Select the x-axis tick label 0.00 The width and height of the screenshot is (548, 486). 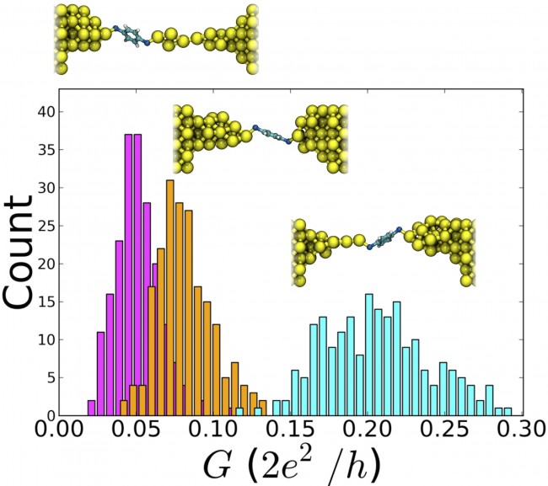[x=59, y=431]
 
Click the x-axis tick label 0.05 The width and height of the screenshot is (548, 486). [x=135, y=431]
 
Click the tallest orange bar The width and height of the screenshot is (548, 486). [x=169, y=297]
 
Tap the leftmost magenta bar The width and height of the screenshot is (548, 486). [x=91, y=408]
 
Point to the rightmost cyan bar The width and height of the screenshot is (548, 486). [x=508, y=412]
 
